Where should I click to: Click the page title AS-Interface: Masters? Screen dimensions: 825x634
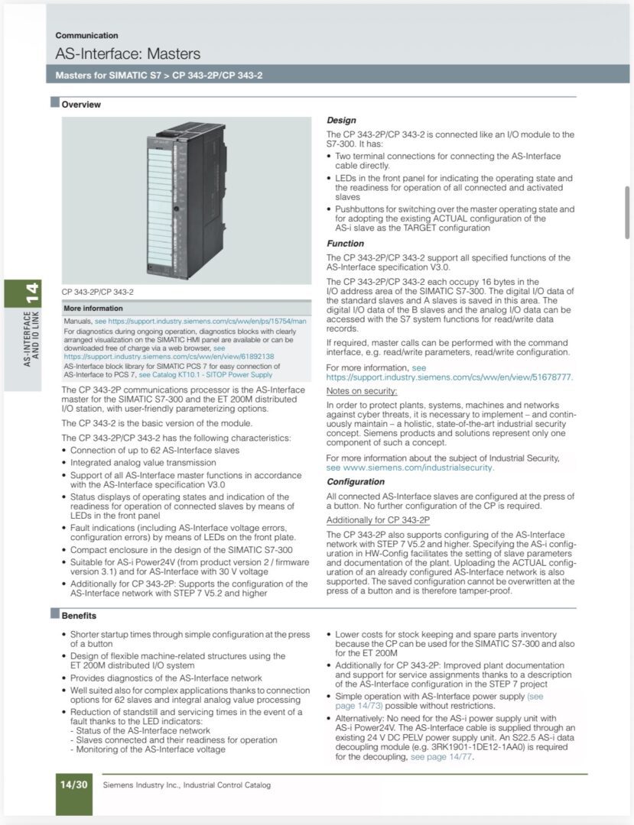click(x=128, y=54)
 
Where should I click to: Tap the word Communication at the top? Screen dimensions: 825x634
click(x=86, y=35)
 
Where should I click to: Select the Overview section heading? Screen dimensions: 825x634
click(x=81, y=105)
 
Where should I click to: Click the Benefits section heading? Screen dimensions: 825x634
click(x=79, y=616)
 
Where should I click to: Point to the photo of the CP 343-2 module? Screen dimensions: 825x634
click(x=187, y=201)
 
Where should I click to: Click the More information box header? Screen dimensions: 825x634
click(x=93, y=309)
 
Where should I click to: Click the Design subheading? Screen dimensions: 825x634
click(x=341, y=121)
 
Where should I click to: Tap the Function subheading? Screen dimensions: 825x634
click(x=345, y=244)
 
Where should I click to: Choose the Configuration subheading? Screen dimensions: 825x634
click(x=356, y=482)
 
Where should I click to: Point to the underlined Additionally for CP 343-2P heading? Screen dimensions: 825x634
click(x=378, y=519)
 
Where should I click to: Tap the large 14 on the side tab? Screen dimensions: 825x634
click(x=31, y=293)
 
